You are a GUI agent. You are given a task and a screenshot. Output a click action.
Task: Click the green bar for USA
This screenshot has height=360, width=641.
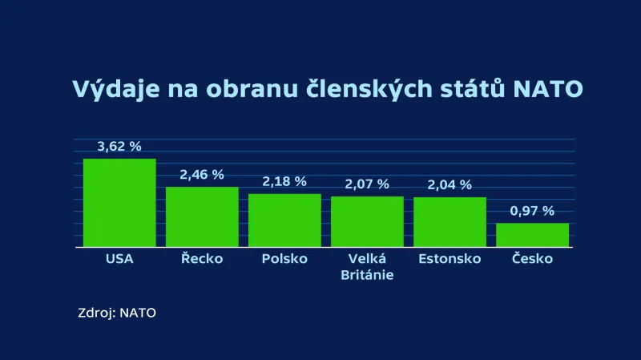(x=119, y=203)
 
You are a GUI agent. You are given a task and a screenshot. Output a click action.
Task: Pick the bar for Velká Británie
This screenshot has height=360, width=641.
(x=367, y=221)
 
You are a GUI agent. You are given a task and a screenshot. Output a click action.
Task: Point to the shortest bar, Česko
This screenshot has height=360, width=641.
(x=532, y=235)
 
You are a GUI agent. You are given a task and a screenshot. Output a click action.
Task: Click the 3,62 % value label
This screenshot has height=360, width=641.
(x=119, y=147)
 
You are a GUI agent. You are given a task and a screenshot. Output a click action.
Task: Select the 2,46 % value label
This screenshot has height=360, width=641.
(x=202, y=175)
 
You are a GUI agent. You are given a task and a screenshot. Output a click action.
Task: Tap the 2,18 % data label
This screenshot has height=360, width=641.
(x=284, y=181)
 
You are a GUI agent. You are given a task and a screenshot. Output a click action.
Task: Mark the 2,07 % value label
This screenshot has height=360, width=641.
(x=367, y=184)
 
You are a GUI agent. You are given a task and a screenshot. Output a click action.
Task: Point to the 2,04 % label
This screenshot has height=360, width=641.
(x=450, y=184)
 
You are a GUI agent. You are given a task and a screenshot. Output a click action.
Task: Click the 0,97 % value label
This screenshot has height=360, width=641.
(x=532, y=211)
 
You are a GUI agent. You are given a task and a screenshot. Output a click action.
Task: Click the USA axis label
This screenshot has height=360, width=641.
(x=119, y=259)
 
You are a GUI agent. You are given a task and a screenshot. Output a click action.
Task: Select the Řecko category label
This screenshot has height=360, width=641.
(x=202, y=259)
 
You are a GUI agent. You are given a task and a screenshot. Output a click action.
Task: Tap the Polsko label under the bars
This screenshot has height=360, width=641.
(x=284, y=259)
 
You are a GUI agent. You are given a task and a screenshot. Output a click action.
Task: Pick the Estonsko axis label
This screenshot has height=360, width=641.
(x=450, y=259)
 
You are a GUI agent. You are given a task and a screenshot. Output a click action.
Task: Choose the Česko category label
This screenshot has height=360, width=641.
(x=532, y=259)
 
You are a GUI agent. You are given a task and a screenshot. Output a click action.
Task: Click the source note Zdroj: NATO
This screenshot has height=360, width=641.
(x=117, y=313)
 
